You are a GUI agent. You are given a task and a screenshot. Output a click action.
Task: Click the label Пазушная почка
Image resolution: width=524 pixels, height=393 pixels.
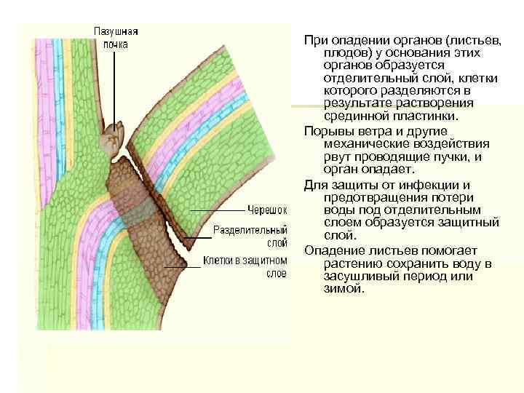coord(115,38)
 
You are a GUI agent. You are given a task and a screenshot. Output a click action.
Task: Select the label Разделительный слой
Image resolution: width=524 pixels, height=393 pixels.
coord(250,237)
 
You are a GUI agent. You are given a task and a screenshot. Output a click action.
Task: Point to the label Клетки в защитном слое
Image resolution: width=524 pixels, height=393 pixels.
coord(245,266)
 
